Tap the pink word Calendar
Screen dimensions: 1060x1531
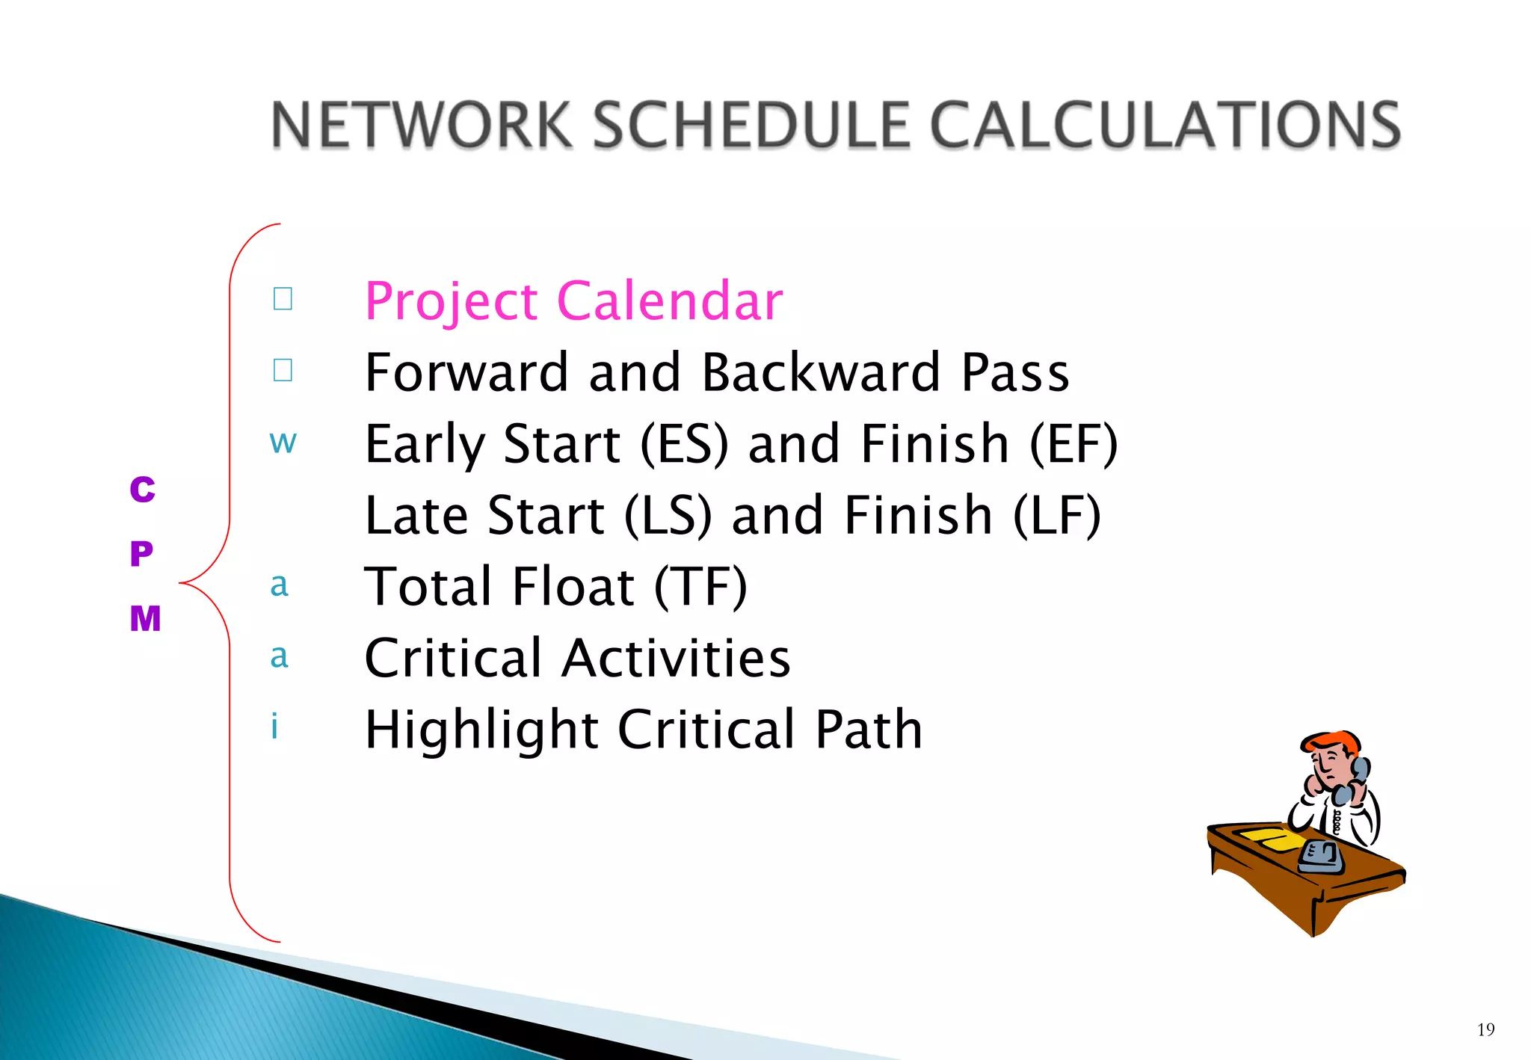coord(670,301)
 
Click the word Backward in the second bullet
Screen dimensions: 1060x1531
coord(821,372)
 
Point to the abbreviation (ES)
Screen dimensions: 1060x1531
coord(683,443)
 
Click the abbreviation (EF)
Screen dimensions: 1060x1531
coord(1073,443)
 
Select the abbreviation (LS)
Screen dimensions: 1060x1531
coord(668,515)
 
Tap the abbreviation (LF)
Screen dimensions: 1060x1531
coord(1056,515)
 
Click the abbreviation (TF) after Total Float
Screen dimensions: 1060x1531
coord(700,587)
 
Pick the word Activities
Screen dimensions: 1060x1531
coord(676,659)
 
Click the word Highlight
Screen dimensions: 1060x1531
coord(481,730)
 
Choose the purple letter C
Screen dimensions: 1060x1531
coord(142,490)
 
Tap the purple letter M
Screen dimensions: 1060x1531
coord(145,619)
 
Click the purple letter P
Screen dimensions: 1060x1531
coord(141,554)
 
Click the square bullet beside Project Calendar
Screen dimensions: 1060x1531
coord(283,299)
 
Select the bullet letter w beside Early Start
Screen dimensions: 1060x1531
coord(283,442)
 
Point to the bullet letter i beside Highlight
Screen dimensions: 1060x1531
coord(274,726)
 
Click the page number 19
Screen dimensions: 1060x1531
coord(1485,1029)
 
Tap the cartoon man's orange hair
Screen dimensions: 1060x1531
coord(1331,742)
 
